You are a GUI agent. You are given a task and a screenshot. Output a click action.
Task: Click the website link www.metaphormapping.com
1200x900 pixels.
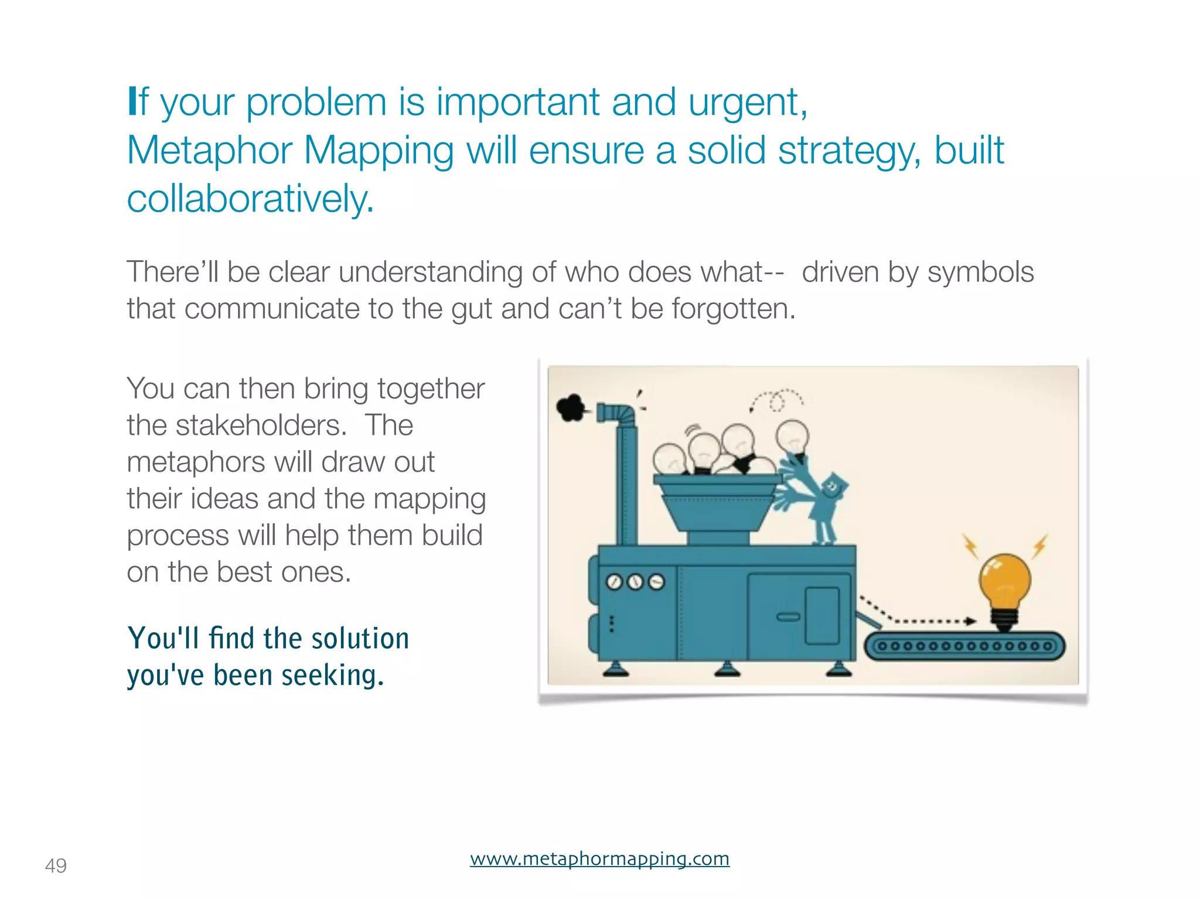tap(599, 859)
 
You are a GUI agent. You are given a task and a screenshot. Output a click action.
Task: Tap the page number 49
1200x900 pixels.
tap(56, 865)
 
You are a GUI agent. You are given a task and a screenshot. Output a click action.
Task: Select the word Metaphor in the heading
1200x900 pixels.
tap(209, 151)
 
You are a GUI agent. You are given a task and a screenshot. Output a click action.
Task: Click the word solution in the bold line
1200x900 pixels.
tap(360, 638)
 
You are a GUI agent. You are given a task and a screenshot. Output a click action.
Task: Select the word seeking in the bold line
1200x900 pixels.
tap(332, 676)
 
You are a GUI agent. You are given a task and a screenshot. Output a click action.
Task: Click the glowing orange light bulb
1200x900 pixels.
tap(1004, 583)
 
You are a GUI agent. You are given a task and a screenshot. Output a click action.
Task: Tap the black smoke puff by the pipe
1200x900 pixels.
tap(571, 407)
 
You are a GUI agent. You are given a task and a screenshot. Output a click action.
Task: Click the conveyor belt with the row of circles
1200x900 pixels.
tap(964, 647)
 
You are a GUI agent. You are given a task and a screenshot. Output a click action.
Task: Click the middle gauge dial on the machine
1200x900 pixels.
tap(635, 582)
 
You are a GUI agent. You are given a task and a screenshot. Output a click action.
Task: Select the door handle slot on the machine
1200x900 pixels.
tap(788, 617)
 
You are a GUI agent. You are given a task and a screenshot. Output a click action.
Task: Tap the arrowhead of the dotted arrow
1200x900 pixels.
tap(971, 621)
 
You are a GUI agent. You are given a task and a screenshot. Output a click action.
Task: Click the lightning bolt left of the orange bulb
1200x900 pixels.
tap(971, 546)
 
